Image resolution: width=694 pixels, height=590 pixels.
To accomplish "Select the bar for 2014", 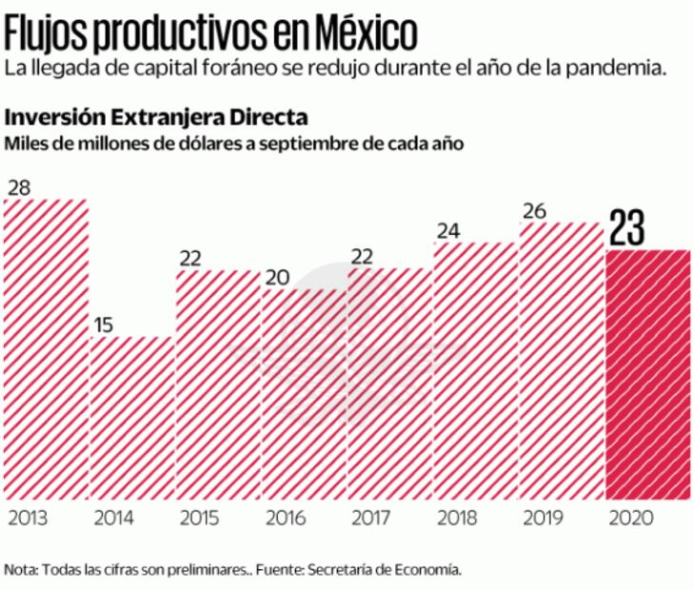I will (x=133, y=419).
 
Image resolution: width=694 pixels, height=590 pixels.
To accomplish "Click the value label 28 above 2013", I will (x=19, y=187).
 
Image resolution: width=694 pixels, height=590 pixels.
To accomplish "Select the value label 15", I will (x=105, y=324).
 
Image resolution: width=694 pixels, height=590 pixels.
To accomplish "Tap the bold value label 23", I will (x=628, y=227).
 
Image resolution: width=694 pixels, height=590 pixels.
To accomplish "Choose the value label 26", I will (x=535, y=211).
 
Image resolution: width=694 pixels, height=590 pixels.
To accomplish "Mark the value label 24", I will (x=448, y=231).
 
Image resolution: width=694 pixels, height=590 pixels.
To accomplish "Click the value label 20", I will (x=277, y=277).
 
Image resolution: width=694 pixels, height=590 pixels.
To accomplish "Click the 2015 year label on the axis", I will (x=200, y=520).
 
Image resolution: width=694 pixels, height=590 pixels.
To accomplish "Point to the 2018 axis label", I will (x=458, y=520).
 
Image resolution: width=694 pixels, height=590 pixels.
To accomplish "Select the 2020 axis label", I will (x=629, y=520).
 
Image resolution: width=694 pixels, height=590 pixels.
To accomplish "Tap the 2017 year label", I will (x=371, y=520).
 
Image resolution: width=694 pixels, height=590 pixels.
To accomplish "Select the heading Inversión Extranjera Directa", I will (x=157, y=118).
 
